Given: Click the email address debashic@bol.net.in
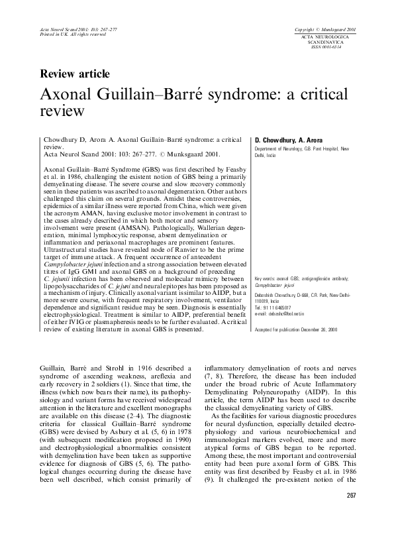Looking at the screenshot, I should pyautogui.click(x=279, y=314).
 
